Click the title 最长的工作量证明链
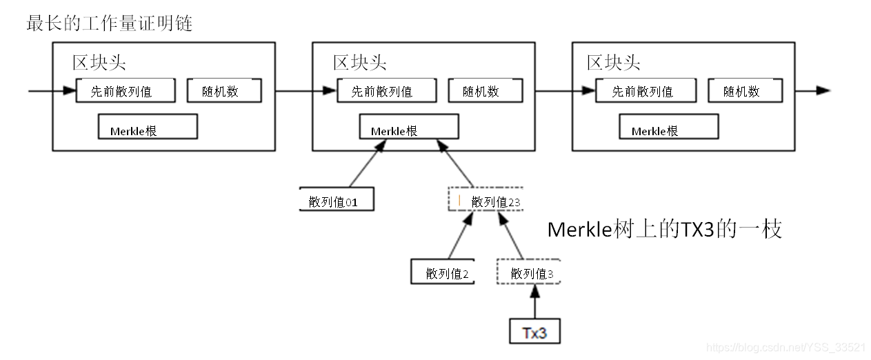click(109, 23)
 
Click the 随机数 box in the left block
click(224, 90)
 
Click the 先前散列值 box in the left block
click(126, 90)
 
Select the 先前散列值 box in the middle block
click(386, 90)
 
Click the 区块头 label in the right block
click(613, 63)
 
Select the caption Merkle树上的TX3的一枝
click(664, 229)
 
